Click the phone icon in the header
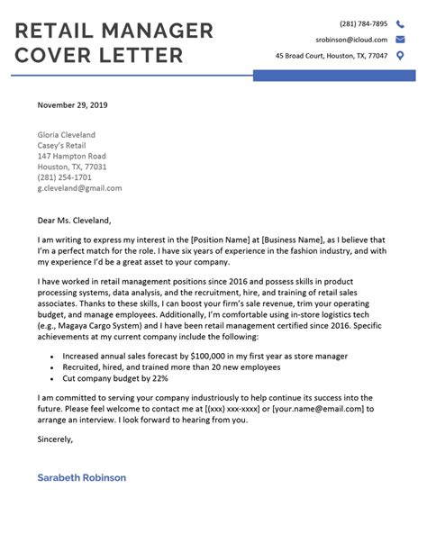point(399,23)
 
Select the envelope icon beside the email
point(399,40)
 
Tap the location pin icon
point(399,56)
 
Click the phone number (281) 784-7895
point(363,23)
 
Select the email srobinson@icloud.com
point(351,40)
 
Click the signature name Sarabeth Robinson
point(82,477)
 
